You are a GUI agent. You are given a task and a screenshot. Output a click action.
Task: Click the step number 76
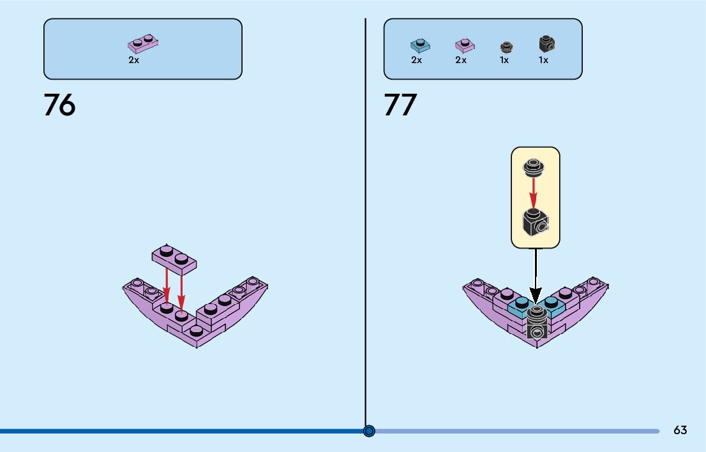(59, 105)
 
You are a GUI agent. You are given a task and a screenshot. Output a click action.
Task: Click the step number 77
(400, 105)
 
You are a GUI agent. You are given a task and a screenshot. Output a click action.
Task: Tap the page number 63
(680, 430)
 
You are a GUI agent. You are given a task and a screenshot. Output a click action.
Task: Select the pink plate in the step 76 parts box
(143, 44)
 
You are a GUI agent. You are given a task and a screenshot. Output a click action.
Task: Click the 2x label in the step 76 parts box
(133, 60)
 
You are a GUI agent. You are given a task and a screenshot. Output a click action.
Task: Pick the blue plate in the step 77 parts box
(419, 45)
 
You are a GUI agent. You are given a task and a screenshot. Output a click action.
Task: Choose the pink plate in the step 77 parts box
(464, 45)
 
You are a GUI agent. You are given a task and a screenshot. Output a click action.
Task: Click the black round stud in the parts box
(506, 47)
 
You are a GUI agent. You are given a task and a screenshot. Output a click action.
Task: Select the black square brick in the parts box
(546, 44)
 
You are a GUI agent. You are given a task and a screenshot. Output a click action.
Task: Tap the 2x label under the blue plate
(416, 61)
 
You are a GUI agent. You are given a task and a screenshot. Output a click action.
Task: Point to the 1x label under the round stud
(504, 61)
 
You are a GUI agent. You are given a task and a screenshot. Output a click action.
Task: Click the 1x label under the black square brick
(543, 61)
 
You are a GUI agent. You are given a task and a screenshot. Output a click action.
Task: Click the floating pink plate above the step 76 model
(174, 258)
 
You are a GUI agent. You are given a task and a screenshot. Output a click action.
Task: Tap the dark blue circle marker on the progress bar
(369, 431)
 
